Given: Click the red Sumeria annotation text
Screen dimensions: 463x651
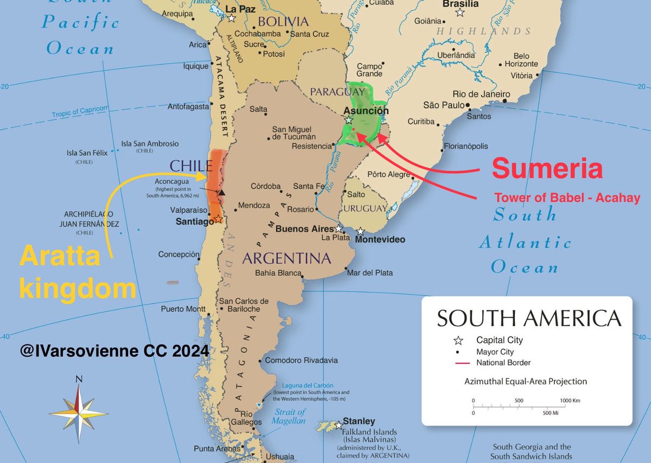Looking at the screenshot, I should pyautogui.click(x=547, y=169).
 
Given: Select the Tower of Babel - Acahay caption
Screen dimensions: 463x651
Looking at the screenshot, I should pyautogui.click(x=567, y=198).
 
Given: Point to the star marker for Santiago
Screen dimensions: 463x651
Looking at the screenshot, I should pyautogui.click(x=218, y=219).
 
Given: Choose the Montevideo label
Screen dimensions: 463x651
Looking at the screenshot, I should pyautogui.click(x=380, y=239).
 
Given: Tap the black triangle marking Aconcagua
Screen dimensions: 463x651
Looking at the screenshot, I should pyautogui.click(x=221, y=192).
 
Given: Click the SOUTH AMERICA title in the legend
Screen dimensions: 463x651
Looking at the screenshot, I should pyautogui.click(x=529, y=319).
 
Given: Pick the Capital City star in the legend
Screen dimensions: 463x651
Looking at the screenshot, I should pyautogui.click(x=458, y=341).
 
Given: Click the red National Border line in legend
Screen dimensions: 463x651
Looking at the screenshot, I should pyautogui.click(x=458, y=363).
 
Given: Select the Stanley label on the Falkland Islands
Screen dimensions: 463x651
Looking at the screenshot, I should pyautogui.click(x=358, y=421).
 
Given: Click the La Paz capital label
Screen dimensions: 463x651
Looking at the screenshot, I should pyautogui.click(x=239, y=9).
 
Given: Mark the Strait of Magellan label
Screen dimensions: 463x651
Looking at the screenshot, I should pyautogui.click(x=290, y=416).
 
